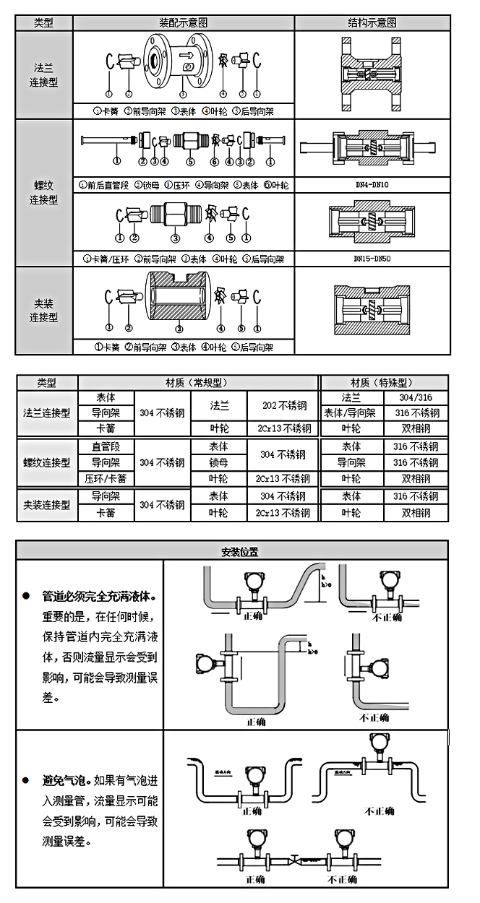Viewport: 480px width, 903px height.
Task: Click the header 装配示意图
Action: pyautogui.click(x=184, y=22)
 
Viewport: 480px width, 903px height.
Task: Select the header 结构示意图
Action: pyautogui.click(x=372, y=22)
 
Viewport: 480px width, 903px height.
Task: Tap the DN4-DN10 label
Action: pyautogui.click(x=372, y=185)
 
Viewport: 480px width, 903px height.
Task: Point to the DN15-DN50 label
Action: pyautogui.click(x=372, y=258)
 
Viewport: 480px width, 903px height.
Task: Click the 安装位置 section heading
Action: pyautogui.click(x=240, y=551)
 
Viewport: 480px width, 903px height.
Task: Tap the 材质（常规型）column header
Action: pyautogui.click(x=198, y=383)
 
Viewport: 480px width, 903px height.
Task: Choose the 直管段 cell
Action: pyautogui.click(x=106, y=446)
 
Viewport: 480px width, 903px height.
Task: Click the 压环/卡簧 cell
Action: pyautogui.click(x=106, y=478)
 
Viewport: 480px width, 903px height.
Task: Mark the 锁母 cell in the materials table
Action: pyautogui.click(x=219, y=462)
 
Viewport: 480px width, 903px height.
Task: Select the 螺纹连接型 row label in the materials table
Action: pyautogui.click(x=46, y=462)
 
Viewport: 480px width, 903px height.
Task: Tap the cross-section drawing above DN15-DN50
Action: pyautogui.click(x=372, y=222)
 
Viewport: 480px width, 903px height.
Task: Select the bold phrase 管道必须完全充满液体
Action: pyautogui.click(x=98, y=597)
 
